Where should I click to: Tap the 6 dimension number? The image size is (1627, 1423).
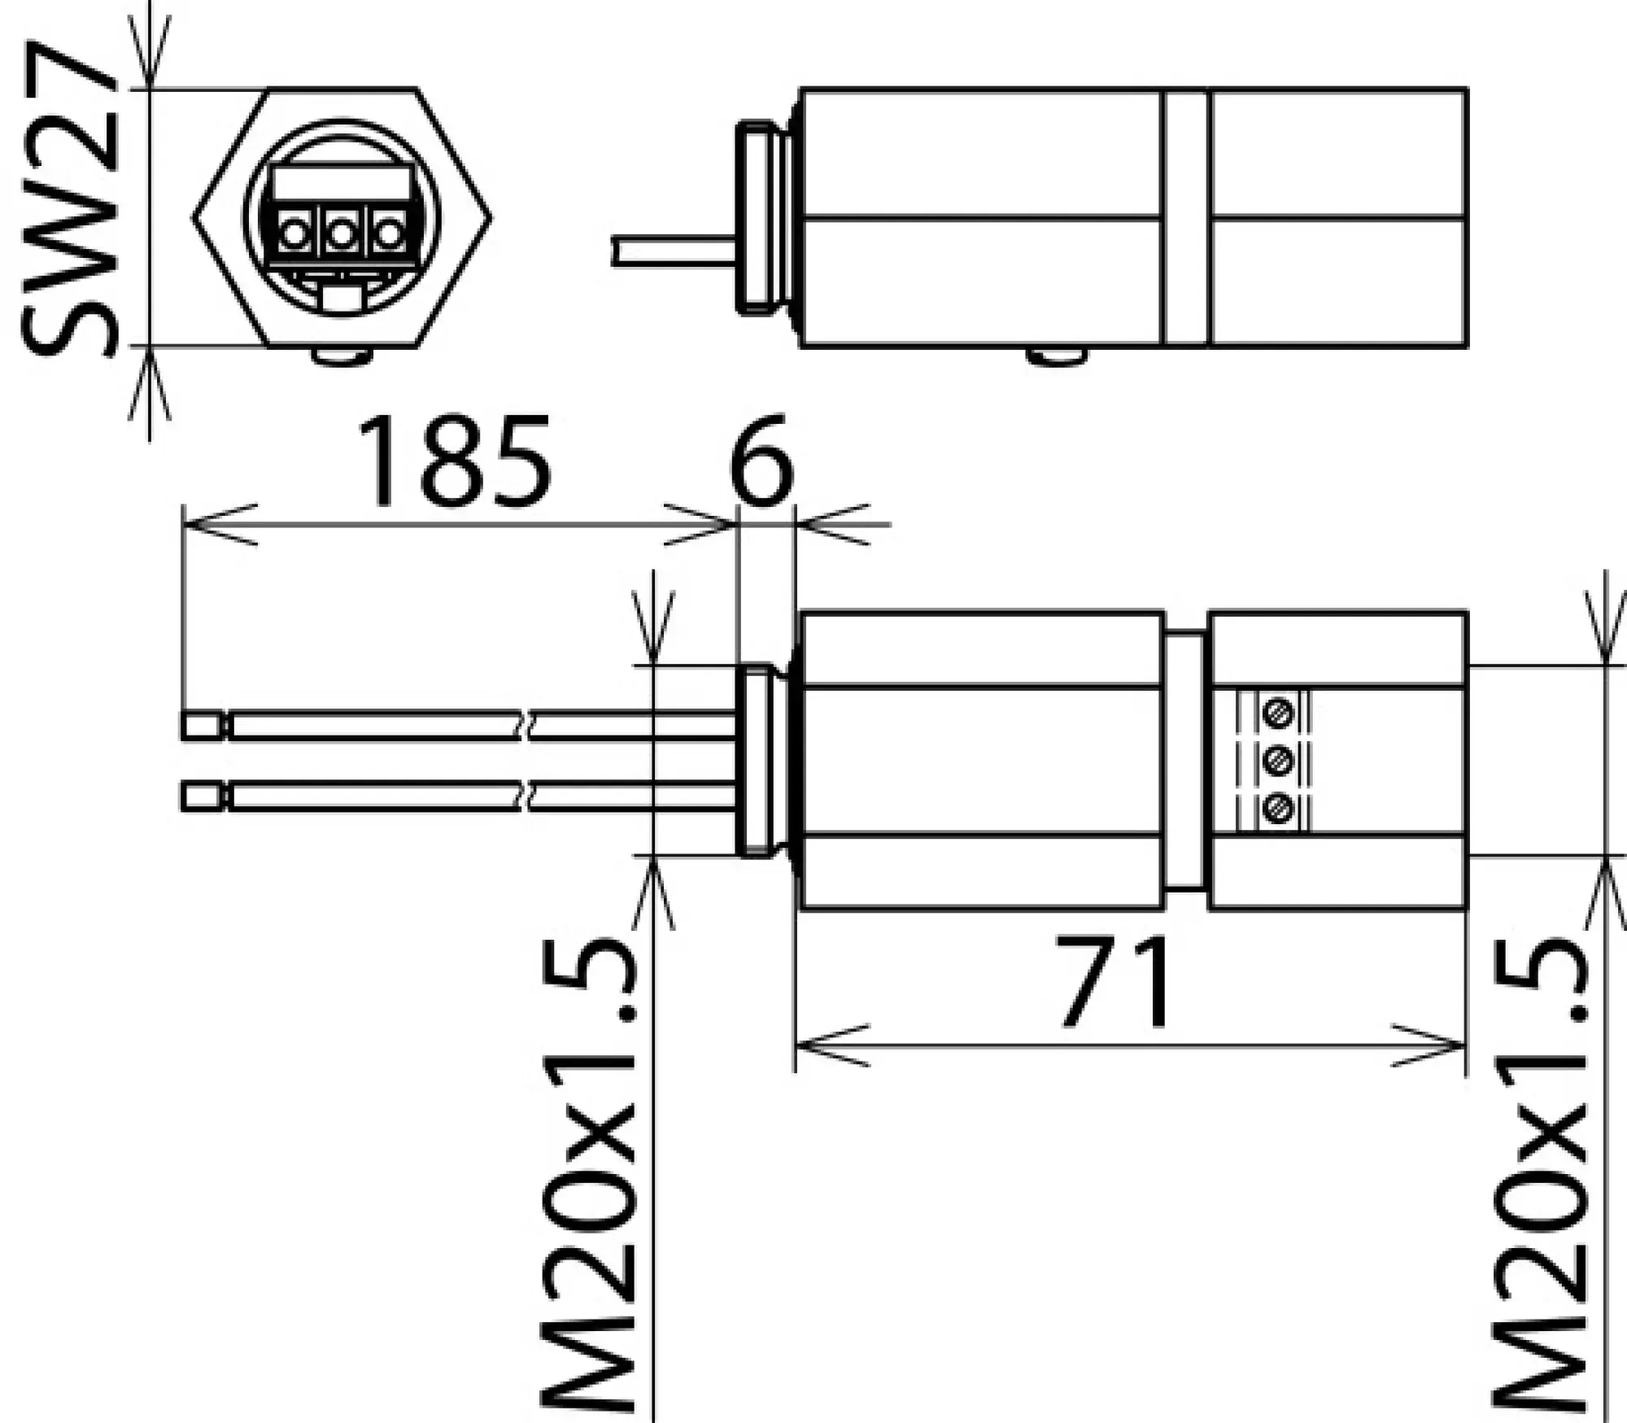761,461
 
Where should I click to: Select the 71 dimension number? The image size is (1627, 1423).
1116,983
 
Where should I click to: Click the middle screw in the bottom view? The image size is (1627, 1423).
1278,762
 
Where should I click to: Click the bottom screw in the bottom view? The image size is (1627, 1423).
1278,809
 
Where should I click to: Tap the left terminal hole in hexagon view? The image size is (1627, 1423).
291,235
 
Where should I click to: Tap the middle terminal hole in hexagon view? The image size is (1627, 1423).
341,235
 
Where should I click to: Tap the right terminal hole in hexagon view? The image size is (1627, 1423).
390,235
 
